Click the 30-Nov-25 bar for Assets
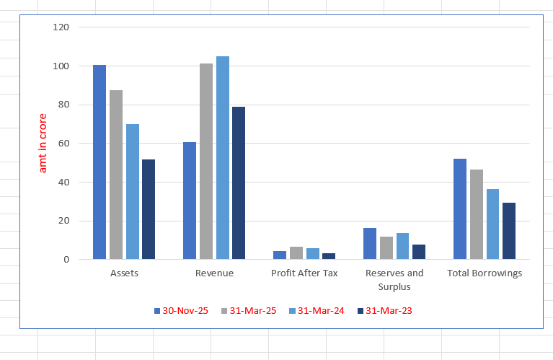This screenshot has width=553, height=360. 99,162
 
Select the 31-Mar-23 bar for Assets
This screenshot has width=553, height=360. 149,209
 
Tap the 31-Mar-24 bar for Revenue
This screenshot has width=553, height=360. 223,158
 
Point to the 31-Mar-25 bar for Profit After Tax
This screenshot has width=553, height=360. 296,253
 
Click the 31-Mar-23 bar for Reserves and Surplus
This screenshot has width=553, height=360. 419,252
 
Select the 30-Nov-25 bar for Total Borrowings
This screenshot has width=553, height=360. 460,208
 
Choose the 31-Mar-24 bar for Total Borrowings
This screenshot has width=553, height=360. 492,224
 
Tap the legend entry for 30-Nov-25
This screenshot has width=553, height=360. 181,310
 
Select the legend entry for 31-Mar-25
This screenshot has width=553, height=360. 249,310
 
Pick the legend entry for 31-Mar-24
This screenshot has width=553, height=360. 317,310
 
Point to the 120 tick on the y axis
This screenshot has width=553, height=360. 61,27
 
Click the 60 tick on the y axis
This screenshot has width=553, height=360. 64,144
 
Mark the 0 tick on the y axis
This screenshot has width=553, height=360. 66,260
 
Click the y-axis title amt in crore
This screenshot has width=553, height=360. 43,143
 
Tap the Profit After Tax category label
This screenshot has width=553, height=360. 304,273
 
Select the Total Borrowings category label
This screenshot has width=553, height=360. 485,273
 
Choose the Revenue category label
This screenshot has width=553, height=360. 214,273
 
